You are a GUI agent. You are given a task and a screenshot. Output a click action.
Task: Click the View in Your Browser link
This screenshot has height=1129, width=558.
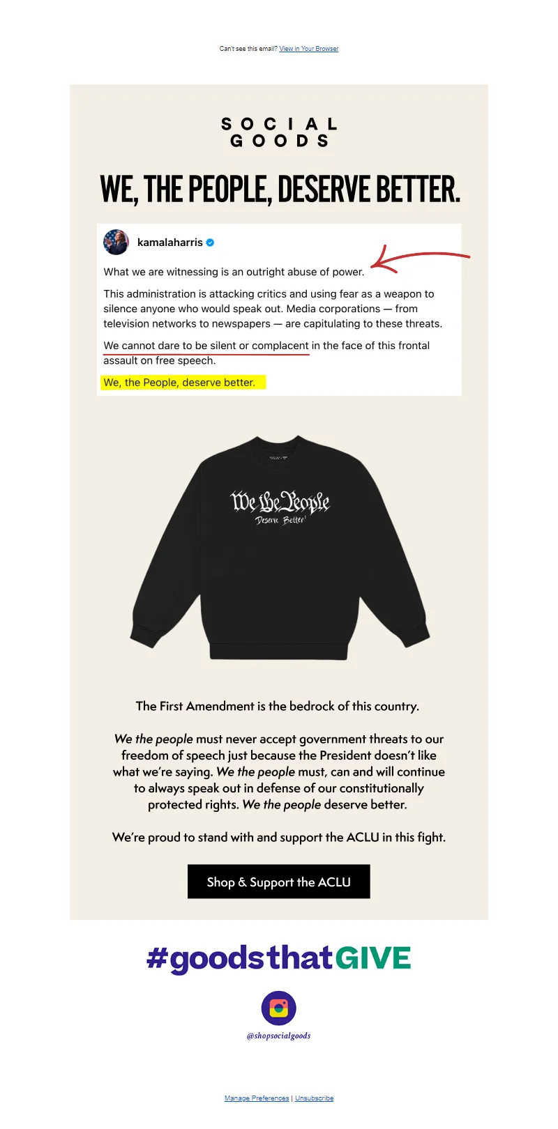(309, 49)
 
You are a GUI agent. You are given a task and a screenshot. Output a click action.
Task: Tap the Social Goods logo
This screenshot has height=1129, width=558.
(279, 132)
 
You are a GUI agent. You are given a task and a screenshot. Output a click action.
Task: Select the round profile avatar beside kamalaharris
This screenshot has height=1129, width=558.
(116, 243)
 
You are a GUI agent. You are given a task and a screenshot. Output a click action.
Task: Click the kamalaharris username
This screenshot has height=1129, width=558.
(169, 243)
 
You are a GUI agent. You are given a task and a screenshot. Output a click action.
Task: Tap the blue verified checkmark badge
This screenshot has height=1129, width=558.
(210, 243)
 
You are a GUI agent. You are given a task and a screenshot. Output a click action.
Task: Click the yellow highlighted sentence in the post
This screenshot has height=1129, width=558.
(180, 383)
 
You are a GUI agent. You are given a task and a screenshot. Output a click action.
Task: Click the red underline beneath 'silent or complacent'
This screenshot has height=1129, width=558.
(206, 354)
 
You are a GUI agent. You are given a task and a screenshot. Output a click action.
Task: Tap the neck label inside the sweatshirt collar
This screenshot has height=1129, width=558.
(279, 458)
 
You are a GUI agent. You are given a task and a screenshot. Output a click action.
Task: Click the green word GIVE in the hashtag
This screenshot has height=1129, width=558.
(373, 958)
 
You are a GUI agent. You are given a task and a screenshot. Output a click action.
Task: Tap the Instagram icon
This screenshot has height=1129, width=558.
(279, 1008)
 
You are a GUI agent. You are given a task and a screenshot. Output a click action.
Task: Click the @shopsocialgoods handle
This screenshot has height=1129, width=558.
(279, 1036)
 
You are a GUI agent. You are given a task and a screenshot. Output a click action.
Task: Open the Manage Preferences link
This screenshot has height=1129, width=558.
(257, 1098)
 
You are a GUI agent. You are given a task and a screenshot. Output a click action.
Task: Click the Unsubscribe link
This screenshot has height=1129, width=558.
(315, 1098)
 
